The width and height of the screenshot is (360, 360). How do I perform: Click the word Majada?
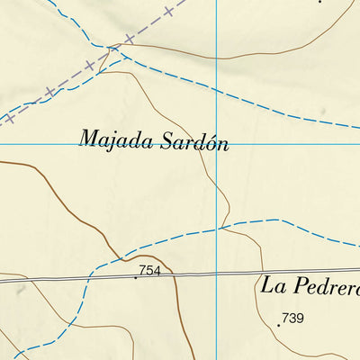pos(113,139)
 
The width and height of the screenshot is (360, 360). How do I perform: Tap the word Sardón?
pos(190,142)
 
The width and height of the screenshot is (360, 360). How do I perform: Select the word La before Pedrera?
pos(272,284)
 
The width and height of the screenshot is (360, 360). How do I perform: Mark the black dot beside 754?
pos(136,277)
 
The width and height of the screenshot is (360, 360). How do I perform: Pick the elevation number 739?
pos(292,317)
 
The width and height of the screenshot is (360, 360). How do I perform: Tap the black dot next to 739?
pos(278,324)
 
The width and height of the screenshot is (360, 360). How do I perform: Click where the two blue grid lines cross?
pos(217,143)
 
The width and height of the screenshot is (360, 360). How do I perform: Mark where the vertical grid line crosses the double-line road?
pos(217,273)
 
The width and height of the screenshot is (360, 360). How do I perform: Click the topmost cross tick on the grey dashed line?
pos(168,13)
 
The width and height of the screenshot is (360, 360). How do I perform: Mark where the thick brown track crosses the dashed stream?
pos(112,255)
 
